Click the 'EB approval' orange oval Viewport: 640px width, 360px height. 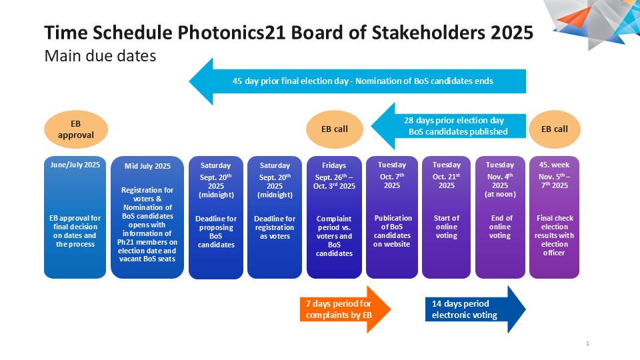[x=76, y=129]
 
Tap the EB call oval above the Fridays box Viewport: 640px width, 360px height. [x=335, y=129]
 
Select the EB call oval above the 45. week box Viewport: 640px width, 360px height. [x=555, y=129]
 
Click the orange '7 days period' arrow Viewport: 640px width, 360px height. [x=345, y=309]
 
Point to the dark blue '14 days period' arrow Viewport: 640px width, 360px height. [x=475, y=309]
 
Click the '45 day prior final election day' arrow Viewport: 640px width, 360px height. [x=357, y=81]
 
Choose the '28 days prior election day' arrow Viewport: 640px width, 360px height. [x=448, y=126]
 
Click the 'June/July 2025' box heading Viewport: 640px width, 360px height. [x=75, y=165]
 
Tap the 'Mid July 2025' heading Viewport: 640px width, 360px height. [x=147, y=166]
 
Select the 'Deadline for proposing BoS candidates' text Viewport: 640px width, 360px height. [x=216, y=231]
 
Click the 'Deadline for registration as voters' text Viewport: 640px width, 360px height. [x=275, y=227]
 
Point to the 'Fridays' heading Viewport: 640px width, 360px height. [x=334, y=165]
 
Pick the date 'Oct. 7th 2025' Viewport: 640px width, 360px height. [x=392, y=181]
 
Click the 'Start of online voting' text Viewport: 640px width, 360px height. [x=447, y=227]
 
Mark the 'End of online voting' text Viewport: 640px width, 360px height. [x=501, y=227]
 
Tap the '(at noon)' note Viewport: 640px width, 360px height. [x=500, y=194]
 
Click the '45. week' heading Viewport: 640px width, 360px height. [x=554, y=165]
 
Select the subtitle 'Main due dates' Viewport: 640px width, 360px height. [x=100, y=56]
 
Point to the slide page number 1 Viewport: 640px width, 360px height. [x=588, y=344]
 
